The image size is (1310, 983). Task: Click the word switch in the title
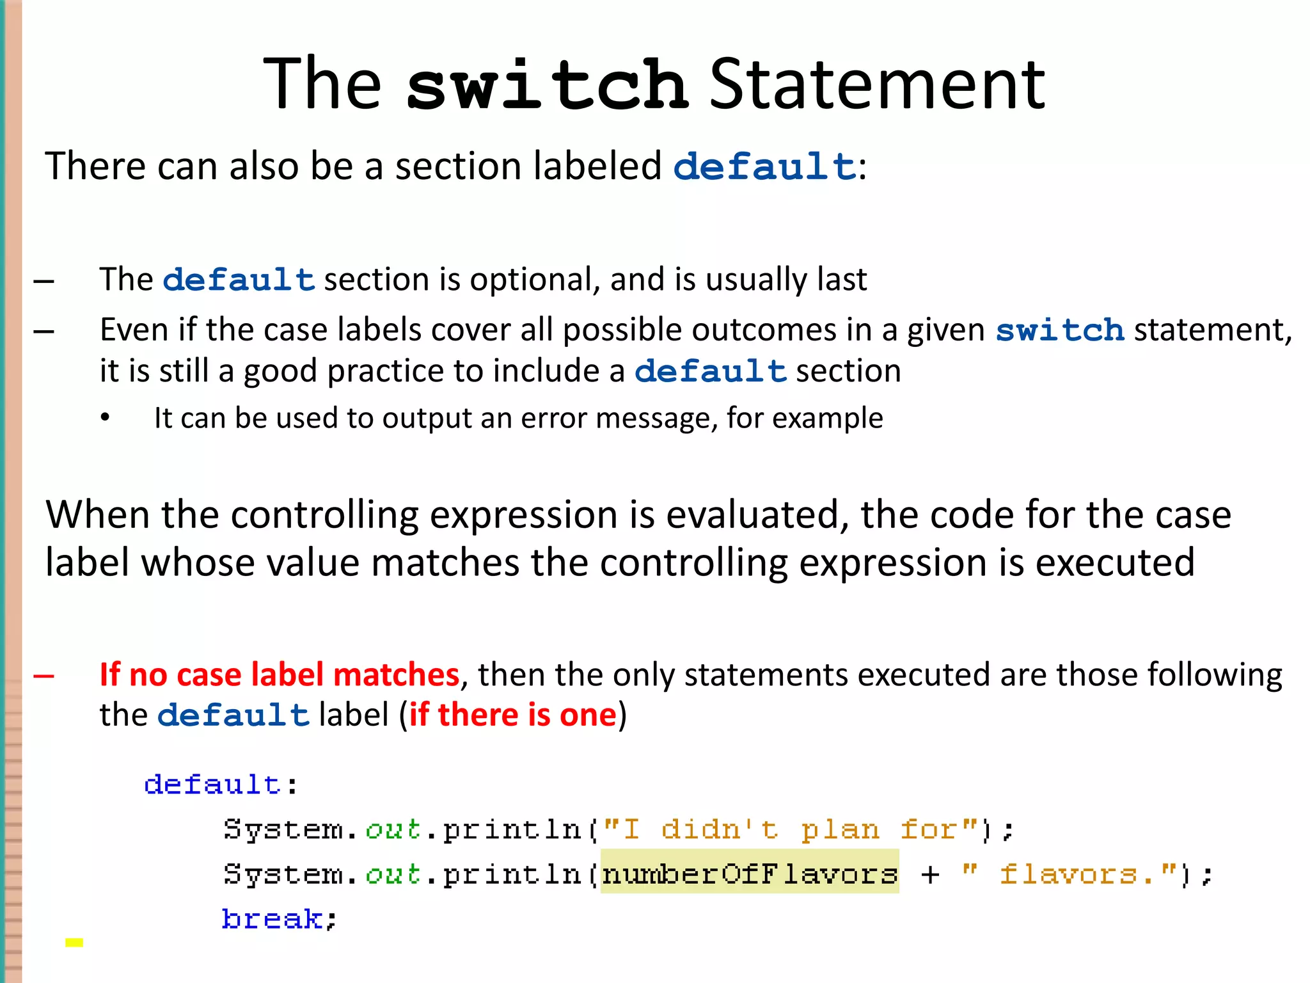click(x=547, y=84)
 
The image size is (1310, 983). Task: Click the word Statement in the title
click(x=877, y=84)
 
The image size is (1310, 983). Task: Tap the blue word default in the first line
click(x=764, y=166)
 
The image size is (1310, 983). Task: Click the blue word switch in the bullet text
click(x=1060, y=330)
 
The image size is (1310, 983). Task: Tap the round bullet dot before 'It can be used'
click(x=105, y=418)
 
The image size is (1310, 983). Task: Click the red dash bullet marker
click(x=43, y=675)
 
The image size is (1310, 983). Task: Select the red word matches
click(x=396, y=675)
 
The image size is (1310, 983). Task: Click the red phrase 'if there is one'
click(x=512, y=715)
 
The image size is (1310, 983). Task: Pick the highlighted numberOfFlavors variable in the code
click(x=750, y=874)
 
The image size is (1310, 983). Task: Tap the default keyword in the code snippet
click(x=212, y=785)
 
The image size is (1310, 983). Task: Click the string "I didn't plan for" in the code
click(x=791, y=829)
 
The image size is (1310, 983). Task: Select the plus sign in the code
click(x=930, y=874)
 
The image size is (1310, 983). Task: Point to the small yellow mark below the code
click(x=74, y=942)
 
